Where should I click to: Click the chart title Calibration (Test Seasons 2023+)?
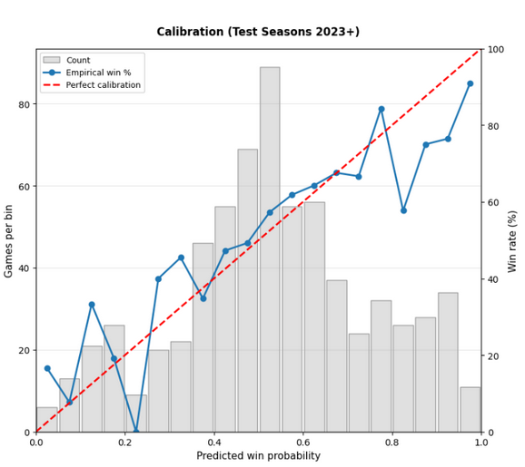[258, 32]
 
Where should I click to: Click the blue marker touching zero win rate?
[136, 432]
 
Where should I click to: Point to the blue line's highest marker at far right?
[471, 83]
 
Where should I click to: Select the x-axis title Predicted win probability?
[258, 456]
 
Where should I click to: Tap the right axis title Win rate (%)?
[513, 240]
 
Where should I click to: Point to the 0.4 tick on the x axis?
[214, 443]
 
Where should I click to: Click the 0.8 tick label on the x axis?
[391, 443]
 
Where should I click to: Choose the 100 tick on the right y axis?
[497, 49]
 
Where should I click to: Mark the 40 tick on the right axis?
[494, 278]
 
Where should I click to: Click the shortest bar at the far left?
[47, 420]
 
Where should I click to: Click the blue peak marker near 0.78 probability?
[381, 109]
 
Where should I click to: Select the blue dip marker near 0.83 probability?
[403, 210]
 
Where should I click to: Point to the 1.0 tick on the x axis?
[480, 443]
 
